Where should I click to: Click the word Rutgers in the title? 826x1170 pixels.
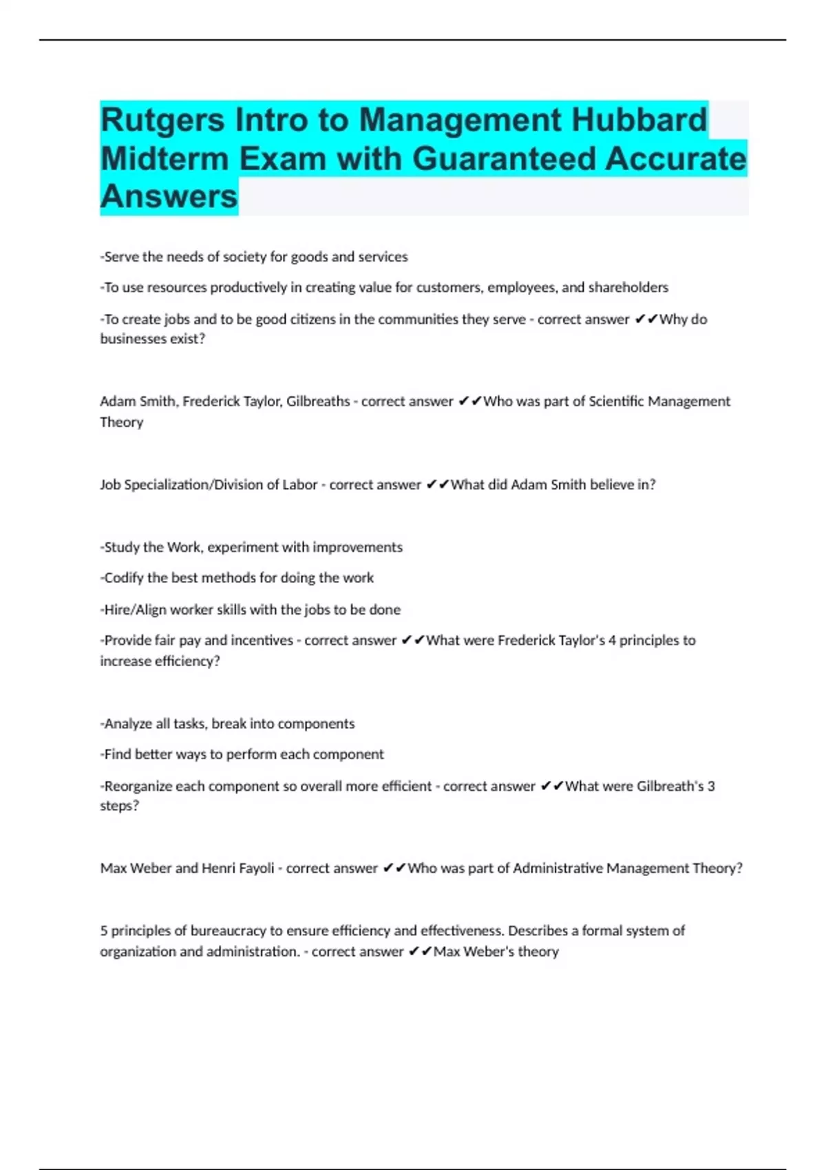coord(162,120)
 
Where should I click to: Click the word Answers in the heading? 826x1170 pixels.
coord(169,196)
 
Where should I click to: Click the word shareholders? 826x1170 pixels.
coord(628,288)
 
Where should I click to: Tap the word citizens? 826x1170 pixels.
coord(320,319)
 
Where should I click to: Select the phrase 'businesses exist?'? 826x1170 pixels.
coord(153,339)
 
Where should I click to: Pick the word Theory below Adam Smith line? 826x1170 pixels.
coord(122,422)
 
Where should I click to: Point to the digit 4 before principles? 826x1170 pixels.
coord(612,641)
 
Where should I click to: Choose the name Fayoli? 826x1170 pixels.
coord(254,869)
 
